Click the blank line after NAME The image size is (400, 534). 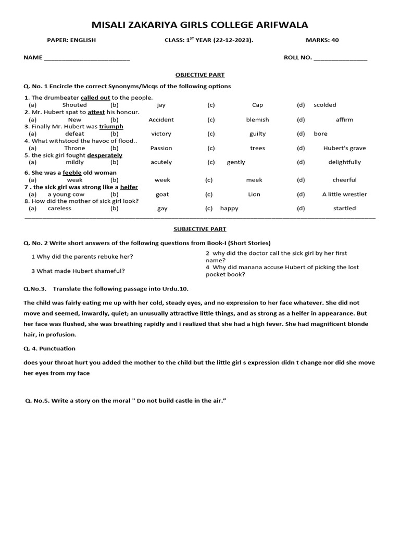[x=87, y=58]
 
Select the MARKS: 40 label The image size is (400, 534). [x=322, y=40]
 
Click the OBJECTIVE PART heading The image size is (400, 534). [x=200, y=75]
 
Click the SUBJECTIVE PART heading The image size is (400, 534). [x=200, y=229]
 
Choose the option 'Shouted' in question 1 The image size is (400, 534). [x=74, y=105]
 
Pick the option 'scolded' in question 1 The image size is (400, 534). [x=325, y=105]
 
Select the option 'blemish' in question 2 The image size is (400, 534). [x=257, y=119]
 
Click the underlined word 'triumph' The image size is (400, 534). [x=111, y=127]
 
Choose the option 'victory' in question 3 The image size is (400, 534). [x=161, y=133]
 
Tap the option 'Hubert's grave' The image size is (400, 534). [x=344, y=148]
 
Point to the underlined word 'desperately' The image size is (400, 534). [x=105, y=155]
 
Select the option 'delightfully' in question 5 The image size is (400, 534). [x=344, y=162]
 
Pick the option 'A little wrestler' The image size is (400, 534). [x=344, y=194]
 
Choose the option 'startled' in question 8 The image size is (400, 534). [x=344, y=208]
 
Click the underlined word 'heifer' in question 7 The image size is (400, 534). [x=129, y=187]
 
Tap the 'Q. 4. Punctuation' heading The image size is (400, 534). [x=49, y=348]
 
